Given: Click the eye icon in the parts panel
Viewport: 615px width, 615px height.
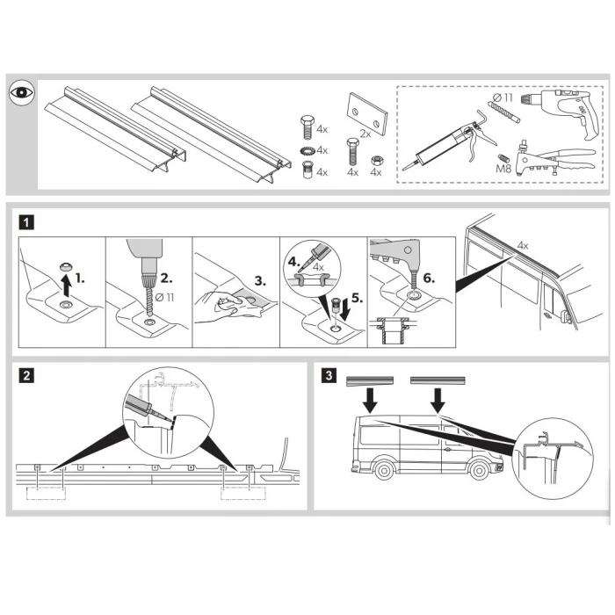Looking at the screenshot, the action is [22, 92].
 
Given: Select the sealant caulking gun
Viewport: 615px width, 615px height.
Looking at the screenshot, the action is [448, 142].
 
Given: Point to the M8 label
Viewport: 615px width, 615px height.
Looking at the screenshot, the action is [503, 169].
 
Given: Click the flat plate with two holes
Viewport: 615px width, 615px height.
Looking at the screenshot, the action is [367, 113].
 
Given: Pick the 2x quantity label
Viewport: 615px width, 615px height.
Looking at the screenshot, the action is [365, 134].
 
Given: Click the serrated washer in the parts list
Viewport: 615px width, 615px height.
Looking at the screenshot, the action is [307, 150].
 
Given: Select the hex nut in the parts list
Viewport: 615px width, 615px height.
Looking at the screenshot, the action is [376, 160].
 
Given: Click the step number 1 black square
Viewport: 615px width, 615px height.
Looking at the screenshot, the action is [26, 223].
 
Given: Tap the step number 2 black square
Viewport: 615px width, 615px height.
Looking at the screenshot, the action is [26, 376].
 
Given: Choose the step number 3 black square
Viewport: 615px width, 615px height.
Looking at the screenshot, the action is [329, 375].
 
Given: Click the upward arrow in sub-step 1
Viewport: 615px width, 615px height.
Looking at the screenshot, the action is [67, 286].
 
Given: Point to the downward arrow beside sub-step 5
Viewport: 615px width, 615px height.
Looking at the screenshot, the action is [346, 310].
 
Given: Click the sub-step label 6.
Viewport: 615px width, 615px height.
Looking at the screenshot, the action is [429, 279].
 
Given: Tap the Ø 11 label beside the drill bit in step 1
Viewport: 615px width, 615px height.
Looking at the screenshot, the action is [164, 297].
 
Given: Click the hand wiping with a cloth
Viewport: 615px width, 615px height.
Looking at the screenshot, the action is [228, 306].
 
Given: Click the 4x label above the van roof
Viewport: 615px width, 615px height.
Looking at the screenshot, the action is [523, 245].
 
